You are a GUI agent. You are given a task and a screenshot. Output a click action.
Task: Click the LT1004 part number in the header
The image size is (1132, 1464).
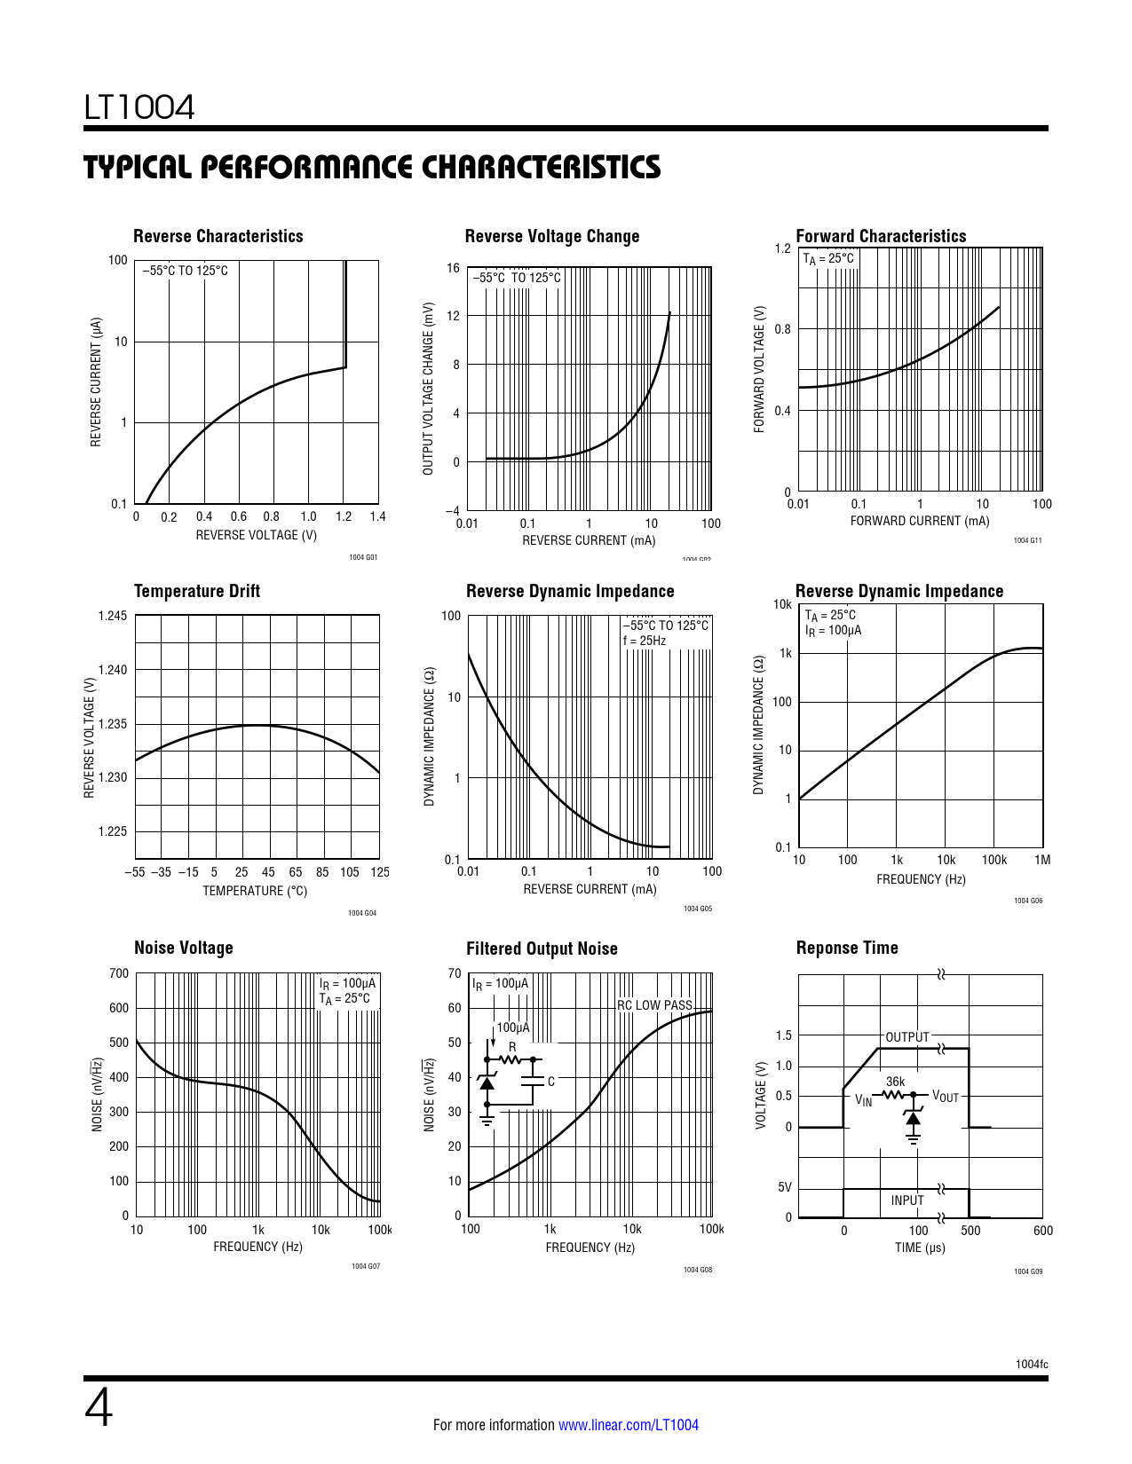tap(139, 107)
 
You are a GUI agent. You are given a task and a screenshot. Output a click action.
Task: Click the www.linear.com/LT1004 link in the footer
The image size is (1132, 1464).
tap(628, 1425)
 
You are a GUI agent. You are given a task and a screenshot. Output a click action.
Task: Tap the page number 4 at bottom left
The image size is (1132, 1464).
tap(99, 1408)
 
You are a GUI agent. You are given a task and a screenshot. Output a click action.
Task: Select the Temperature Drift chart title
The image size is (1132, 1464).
tap(196, 591)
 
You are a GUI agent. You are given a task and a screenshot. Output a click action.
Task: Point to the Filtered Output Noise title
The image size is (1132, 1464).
tap(542, 948)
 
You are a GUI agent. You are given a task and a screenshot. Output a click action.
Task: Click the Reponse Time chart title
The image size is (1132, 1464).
tap(847, 948)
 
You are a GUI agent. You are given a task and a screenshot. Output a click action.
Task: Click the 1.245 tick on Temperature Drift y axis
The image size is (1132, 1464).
tap(112, 616)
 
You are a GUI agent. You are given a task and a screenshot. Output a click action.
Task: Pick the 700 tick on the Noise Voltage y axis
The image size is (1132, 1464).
tap(119, 973)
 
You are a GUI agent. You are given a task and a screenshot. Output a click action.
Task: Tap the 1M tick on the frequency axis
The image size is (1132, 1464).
tap(1041, 860)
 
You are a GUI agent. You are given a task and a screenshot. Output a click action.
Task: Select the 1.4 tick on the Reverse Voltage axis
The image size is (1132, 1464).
tap(377, 516)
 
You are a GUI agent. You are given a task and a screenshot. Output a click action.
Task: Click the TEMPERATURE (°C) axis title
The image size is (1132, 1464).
tap(255, 891)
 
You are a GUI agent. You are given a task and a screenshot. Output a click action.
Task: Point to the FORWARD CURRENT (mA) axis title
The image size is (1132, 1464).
tap(920, 521)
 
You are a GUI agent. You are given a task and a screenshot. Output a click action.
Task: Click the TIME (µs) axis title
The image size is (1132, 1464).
tap(920, 1248)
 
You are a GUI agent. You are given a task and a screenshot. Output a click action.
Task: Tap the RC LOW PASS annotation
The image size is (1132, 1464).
tap(655, 1005)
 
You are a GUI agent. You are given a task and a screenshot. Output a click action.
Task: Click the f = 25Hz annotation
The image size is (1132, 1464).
tap(645, 641)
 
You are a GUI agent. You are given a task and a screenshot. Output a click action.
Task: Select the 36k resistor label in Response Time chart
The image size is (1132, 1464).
tap(895, 1082)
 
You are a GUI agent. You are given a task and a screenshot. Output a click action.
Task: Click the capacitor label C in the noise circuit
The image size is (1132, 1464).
tap(551, 1082)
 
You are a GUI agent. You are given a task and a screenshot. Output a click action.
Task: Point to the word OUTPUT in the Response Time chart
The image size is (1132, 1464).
tap(906, 1037)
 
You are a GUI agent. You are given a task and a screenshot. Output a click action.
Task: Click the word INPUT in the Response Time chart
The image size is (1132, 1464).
tap(907, 1200)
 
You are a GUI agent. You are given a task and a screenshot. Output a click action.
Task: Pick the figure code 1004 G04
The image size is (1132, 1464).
tap(362, 913)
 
